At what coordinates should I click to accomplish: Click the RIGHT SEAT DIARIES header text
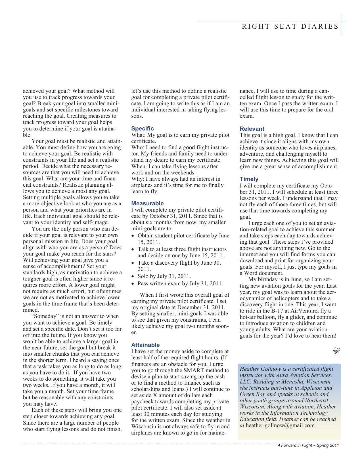pyautogui.click(x=290, y=27)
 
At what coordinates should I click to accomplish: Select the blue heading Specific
pyautogui.click(x=142, y=128)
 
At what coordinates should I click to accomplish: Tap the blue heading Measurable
pyautogui.click(x=147, y=203)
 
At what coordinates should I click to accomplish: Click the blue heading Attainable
pyautogui.click(x=145, y=345)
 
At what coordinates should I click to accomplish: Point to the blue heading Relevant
pyautogui.click(x=252, y=129)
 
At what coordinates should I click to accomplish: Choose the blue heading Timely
pyautogui.click(x=249, y=179)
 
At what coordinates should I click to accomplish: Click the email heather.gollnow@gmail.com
pyautogui.click(x=280, y=425)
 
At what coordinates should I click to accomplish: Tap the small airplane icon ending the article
pyautogui.click(x=336, y=351)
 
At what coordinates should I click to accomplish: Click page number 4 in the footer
pyautogui.click(x=279, y=445)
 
